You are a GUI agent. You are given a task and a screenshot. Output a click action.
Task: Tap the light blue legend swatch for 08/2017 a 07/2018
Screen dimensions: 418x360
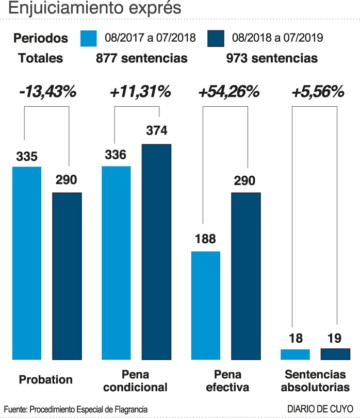[89, 38]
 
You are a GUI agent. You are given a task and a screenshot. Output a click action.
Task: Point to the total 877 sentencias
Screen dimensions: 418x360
[141, 58]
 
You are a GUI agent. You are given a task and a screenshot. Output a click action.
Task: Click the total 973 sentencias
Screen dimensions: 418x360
[272, 58]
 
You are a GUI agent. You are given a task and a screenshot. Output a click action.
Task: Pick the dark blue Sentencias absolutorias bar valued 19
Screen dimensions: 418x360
[335, 354]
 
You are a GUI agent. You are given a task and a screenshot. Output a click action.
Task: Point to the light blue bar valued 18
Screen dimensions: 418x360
[295, 354]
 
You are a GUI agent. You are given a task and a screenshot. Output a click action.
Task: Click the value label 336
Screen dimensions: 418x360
[116, 155]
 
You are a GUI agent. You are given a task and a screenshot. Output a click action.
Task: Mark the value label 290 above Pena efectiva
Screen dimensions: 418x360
[245, 181]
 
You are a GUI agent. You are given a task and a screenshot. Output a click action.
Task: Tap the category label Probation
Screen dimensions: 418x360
[46, 380]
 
